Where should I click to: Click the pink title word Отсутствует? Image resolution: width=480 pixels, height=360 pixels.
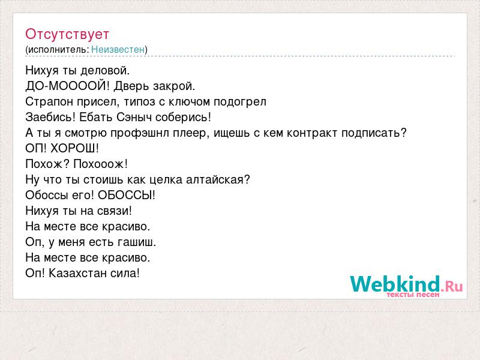67,34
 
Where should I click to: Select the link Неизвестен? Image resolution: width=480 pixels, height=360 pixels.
118,49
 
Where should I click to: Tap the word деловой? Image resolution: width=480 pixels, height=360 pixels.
105,71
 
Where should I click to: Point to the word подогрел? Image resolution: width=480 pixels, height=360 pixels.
240,102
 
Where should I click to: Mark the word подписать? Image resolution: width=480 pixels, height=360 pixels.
371,133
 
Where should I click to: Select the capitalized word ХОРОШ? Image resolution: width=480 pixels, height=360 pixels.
73,148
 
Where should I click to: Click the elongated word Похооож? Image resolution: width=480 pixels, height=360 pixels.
98,164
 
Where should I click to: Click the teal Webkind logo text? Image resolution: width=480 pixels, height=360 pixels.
395,284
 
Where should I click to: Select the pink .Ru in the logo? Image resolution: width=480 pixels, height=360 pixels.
452,287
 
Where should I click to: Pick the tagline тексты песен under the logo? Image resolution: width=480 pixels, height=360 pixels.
413,295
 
